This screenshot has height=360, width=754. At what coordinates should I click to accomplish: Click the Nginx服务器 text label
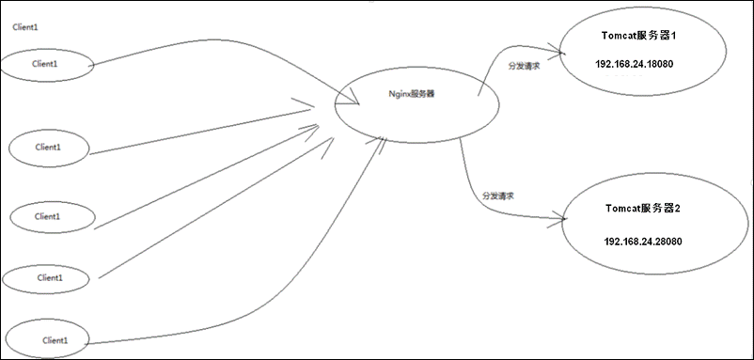412,95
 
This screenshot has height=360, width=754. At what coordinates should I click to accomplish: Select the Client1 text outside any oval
26,27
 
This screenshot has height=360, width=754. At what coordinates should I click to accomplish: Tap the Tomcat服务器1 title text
638,35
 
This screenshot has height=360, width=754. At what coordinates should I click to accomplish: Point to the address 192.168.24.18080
635,64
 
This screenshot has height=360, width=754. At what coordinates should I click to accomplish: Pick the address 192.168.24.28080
643,242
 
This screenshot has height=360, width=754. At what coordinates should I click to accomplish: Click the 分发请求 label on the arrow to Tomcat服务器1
524,66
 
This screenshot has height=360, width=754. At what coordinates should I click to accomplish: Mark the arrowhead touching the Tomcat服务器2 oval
561,219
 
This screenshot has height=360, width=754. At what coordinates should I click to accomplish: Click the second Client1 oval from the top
49,148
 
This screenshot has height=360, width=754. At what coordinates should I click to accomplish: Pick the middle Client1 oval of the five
52,216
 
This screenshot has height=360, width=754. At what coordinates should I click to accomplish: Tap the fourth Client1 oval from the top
49,277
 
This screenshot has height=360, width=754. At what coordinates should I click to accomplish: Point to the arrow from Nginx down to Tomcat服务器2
470,188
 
